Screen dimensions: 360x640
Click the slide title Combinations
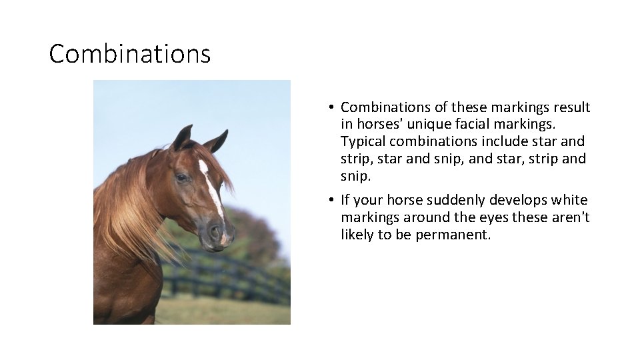130,54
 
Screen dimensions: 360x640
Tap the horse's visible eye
181,178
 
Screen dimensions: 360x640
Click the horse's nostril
215,231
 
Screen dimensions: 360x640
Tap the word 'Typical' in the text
364,141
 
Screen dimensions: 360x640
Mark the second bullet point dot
331,201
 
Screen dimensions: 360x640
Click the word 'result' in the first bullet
571,107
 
